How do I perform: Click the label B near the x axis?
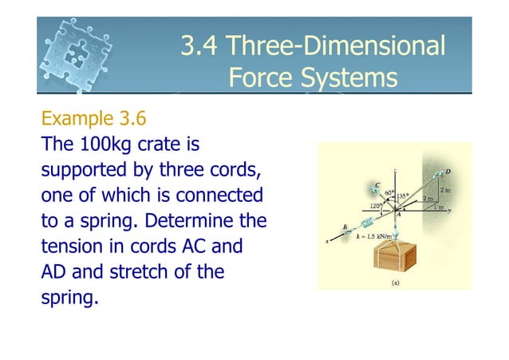pos(345,225)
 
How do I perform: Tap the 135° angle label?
pos(408,195)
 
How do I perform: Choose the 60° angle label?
pos(389,193)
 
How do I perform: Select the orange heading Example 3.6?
pos(93,120)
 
